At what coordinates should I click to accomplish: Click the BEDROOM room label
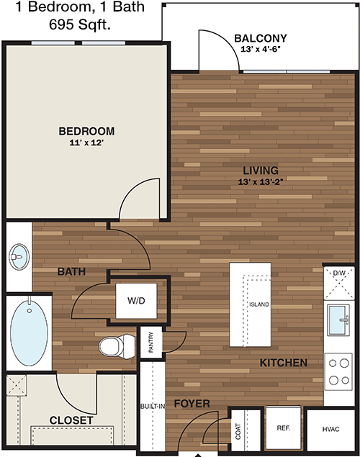point(86,131)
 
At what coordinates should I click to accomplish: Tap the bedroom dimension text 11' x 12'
point(86,142)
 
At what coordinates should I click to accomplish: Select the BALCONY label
point(261,38)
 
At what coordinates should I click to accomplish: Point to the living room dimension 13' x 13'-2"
point(261,182)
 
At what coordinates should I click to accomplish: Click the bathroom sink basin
point(19,257)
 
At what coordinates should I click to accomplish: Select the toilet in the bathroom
point(117,346)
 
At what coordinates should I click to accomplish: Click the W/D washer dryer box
point(136,301)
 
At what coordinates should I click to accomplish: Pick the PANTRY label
point(151,342)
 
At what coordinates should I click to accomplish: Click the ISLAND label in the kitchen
point(259,304)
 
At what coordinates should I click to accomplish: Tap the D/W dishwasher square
point(339,283)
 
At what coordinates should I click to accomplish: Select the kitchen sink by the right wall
point(338,320)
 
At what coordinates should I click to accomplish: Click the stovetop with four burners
point(338,372)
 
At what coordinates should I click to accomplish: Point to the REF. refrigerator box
point(284,428)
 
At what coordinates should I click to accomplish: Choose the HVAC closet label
point(331,429)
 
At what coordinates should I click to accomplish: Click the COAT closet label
point(238,431)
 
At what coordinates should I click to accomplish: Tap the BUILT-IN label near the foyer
point(153,406)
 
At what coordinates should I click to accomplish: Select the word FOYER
point(192,404)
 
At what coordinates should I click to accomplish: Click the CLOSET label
point(71,420)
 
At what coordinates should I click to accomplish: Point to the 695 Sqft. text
point(80,24)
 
